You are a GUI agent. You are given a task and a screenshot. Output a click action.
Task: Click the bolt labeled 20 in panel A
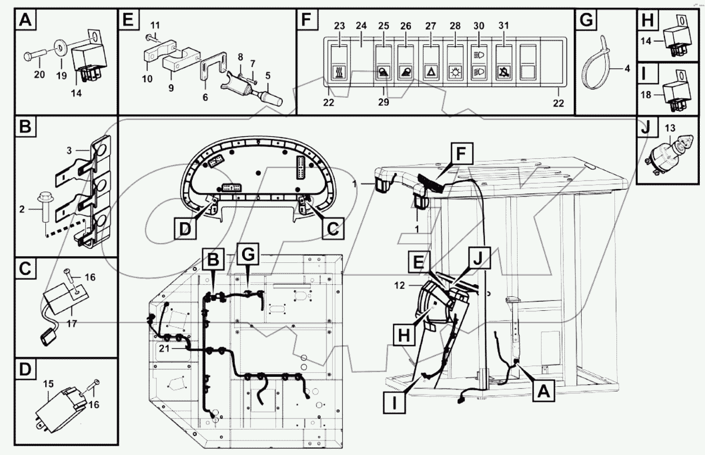[x=37, y=55]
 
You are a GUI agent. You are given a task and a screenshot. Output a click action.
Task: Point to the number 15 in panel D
[x=48, y=384]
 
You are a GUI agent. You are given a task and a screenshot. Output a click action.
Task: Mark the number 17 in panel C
[x=72, y=323]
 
